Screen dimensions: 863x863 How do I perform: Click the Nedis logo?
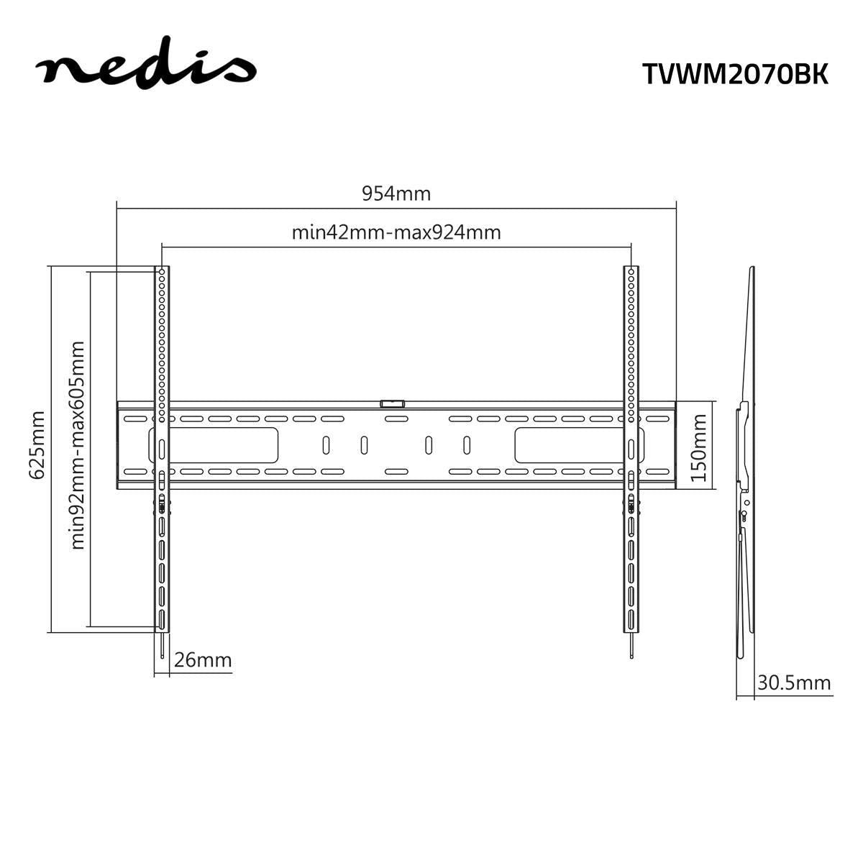pos(146,68)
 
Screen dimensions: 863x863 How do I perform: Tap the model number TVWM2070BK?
pos(735,73)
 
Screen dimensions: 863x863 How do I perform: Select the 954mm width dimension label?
pos(396,193)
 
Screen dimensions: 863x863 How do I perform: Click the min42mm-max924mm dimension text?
pos(396,232)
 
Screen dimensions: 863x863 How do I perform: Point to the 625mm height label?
pos(36,444)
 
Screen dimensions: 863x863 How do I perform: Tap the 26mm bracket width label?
pos(204,659)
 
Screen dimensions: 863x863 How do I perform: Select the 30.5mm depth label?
pos(793,682)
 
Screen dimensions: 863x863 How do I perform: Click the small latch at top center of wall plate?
pos(393,404)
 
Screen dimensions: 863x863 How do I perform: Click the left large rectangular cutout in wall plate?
pos(214,445)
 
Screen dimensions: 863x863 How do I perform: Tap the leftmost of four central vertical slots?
pos(326,445)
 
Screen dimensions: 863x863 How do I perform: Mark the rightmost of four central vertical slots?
pos(467,445)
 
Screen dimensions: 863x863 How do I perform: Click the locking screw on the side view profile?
pos(743,513)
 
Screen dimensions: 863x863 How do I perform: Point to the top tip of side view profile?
pos(752,269)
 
